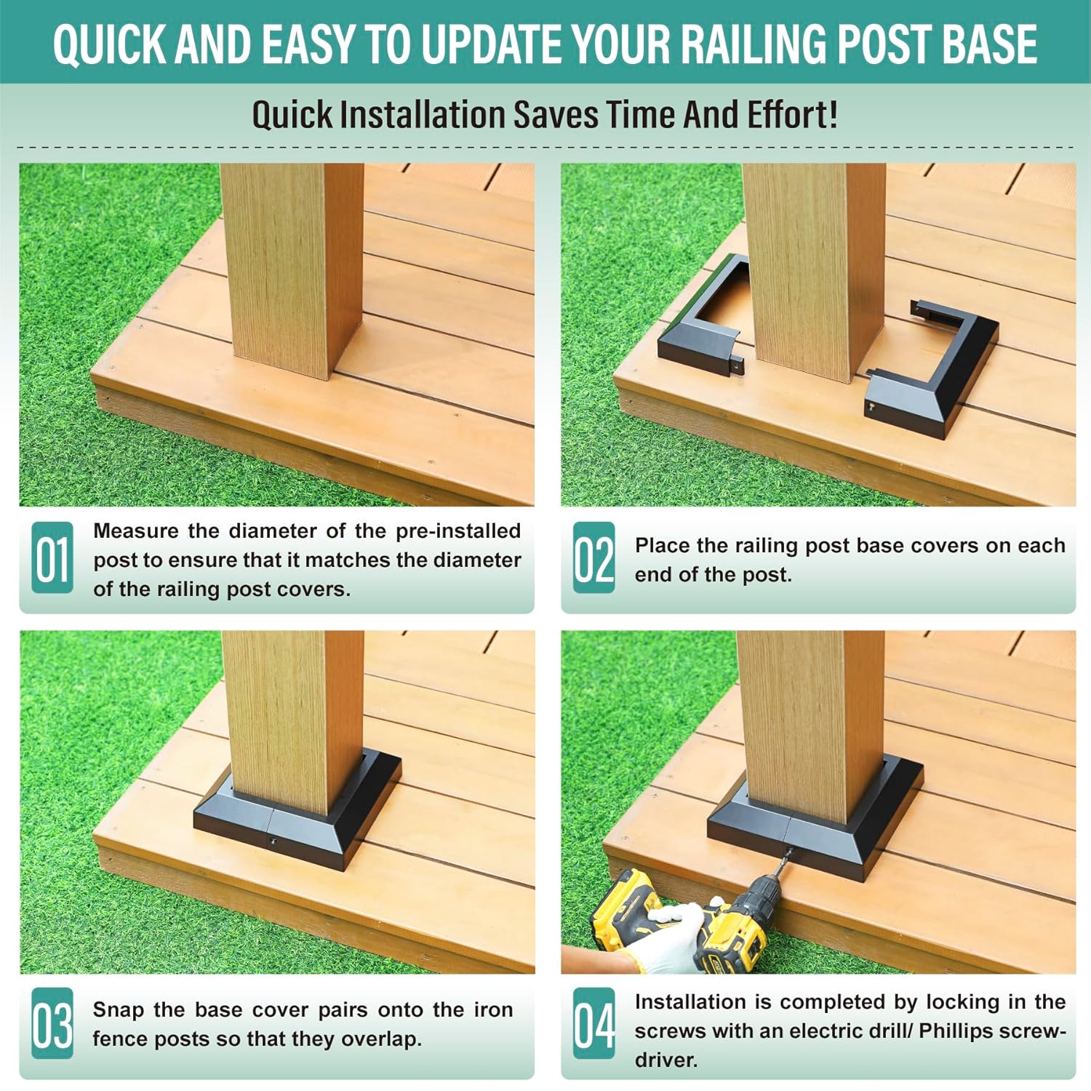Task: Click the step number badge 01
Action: pos(52,558)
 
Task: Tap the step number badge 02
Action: pos(594,558)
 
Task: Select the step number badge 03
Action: pos(52,1023)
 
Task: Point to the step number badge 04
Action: pos(594,1023)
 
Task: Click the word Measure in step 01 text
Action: pos(136,531)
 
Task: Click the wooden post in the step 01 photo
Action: pos(291,269)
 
